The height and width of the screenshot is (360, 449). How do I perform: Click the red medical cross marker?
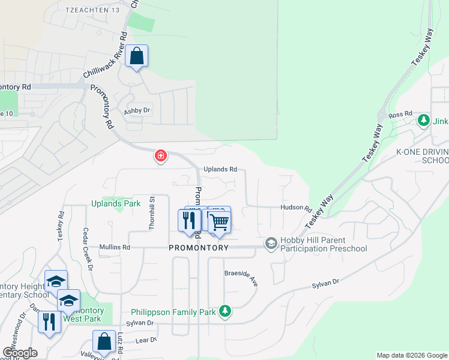click(160, 156)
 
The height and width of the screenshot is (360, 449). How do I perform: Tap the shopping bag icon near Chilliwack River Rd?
click(137, 56)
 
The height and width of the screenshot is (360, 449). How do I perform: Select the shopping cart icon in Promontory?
click(220, 221)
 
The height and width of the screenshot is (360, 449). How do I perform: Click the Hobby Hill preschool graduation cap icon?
click(271, 242)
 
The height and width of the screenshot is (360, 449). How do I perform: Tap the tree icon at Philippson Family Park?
click(225, 311)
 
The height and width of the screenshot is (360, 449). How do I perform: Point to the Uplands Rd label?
click(220, 170)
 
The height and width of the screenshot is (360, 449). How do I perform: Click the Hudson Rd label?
click(296, 209)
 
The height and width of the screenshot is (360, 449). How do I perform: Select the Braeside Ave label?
click(241, 278)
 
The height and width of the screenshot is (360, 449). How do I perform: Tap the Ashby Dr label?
click(137, 111)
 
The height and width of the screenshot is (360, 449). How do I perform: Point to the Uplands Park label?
click(116, 203)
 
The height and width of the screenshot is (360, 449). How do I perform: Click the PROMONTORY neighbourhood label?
click(199, 248)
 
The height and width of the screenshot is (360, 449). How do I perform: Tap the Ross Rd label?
click(400, 113)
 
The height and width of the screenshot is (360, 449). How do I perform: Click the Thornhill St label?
click(152, 212)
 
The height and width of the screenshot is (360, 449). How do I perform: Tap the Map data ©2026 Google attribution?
click(412, 355)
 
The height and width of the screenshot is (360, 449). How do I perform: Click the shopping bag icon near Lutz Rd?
click(104, 341)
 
